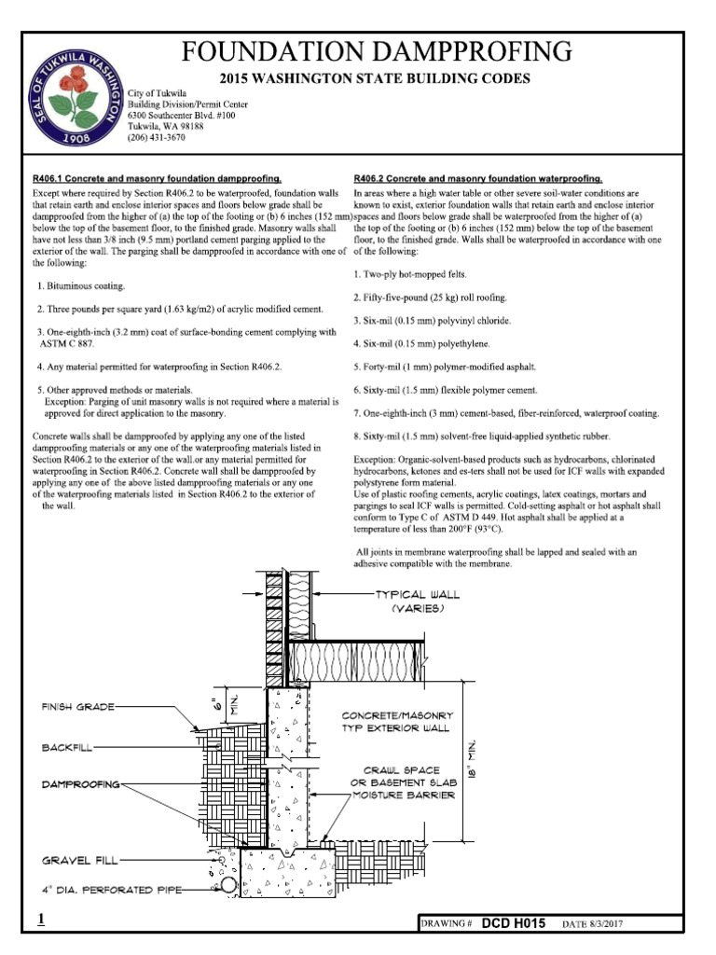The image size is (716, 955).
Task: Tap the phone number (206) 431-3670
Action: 157,137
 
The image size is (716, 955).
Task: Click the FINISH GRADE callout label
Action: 77,708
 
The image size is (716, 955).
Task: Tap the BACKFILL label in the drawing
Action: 66,748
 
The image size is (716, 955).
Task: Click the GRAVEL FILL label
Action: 78,860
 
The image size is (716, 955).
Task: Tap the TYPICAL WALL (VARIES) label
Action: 417,601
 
